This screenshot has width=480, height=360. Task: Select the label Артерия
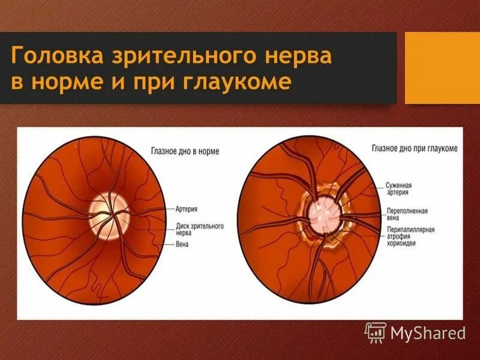click(x=188, y=211)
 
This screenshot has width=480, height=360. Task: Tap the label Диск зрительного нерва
click(x=200, y=230)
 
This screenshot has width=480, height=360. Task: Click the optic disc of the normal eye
click(x=109, y=215)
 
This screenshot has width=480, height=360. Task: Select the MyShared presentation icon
click(x=376, y=331)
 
